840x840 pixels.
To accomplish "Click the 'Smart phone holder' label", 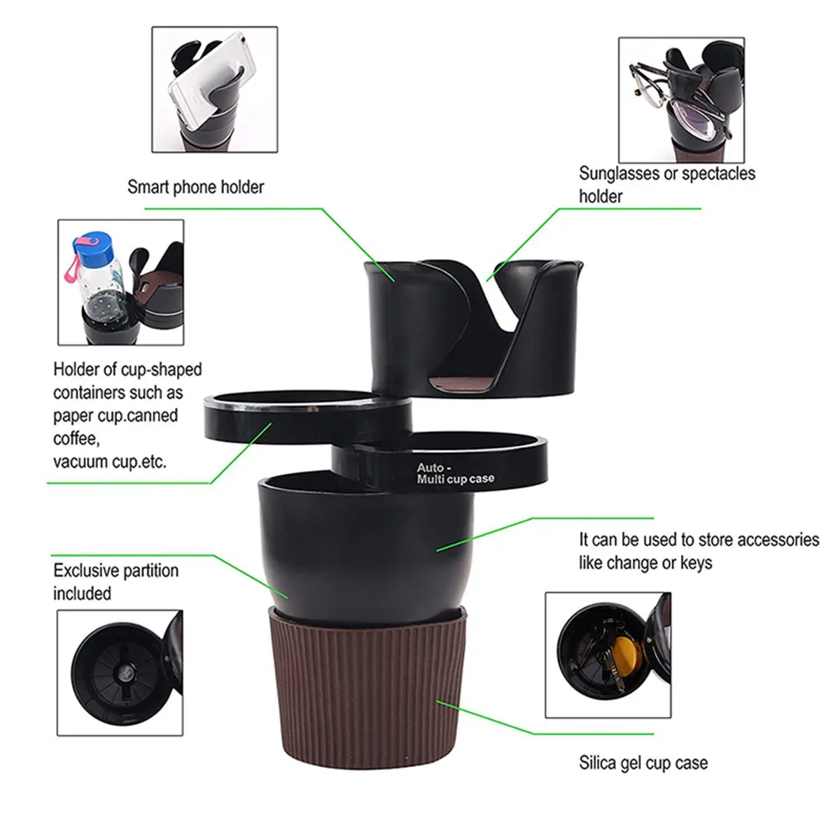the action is click(x=195, y=187).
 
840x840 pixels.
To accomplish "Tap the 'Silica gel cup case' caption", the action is click(x=643, y=763).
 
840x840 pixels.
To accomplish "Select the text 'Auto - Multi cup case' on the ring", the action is click(x=455, y=473).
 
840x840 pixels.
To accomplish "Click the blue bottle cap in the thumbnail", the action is click(x=94, y=244).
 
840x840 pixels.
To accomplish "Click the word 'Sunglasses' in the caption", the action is click(x=619, y=174).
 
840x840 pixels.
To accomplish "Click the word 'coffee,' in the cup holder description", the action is click(x=77, y=438).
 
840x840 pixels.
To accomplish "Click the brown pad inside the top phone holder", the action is click(x=463, y=383).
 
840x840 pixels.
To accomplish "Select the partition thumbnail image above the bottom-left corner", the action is click(x=120, y=673).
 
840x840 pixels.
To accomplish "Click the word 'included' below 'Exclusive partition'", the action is click(x=82, y=594).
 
